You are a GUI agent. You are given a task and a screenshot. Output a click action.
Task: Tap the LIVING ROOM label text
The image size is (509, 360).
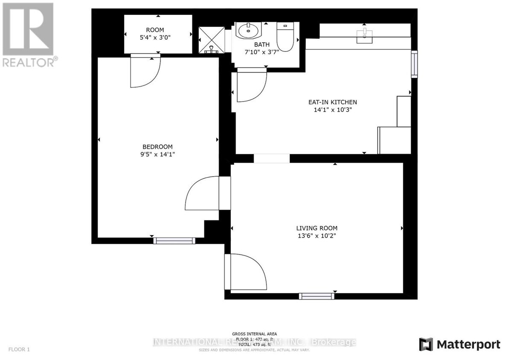click(x=317, y=228)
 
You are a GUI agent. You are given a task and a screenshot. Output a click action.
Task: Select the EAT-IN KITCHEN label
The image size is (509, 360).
click(x=332, y=102)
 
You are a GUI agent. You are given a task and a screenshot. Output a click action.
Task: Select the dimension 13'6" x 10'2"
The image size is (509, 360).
click(x=317, y=236)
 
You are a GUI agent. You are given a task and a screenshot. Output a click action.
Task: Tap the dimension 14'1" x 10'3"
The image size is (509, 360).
click(x=332, y=110)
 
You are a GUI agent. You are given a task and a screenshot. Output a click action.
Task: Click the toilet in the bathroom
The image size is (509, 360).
click(x=284, y=38)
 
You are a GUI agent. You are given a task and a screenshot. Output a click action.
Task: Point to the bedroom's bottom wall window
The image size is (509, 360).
click(x=174, y=241)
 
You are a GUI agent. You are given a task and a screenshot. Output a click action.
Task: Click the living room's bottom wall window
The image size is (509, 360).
click(x=316, y=296)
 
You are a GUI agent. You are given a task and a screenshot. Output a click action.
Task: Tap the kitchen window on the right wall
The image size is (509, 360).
click(x=414, y=64)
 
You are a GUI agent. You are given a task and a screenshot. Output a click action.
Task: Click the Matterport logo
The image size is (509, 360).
click(x=460, y=344)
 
